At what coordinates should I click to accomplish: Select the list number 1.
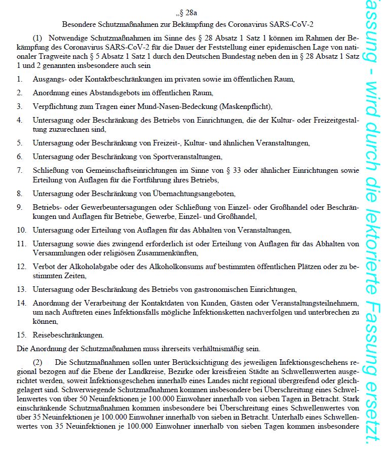(19, 80)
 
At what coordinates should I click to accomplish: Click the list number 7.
(19, 170)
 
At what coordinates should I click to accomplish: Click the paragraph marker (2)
(38, 362)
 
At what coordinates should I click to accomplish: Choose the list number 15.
(21, 335)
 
